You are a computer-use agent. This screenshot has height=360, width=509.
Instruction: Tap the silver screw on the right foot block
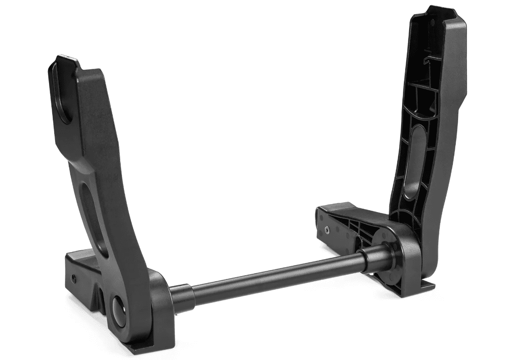coord(327,230)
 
